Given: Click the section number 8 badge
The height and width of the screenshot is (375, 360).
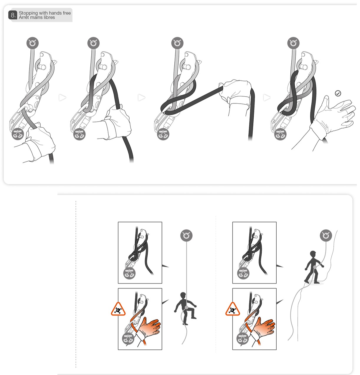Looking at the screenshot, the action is click(13, 15).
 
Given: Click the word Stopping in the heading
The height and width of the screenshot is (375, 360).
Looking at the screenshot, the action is click(28, 13).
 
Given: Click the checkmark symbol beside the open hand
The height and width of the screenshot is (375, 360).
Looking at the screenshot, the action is click(338, 93).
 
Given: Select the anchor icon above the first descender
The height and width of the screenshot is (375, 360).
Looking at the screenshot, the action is click(32, 43).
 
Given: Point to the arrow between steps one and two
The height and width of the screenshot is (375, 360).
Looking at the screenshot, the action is click(62, 98).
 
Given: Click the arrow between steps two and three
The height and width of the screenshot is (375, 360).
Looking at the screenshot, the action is click(142, 98).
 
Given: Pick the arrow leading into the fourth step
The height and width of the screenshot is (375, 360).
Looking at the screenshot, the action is click(267, 98).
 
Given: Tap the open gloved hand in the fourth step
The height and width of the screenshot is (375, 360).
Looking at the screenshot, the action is click(333, 116).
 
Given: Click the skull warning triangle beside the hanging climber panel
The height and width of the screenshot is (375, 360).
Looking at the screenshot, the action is click(118, 309).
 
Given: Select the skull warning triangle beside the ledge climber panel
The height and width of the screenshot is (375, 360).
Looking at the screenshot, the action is click(232, 309).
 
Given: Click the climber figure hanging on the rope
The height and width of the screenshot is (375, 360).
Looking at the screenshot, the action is click(185, 309).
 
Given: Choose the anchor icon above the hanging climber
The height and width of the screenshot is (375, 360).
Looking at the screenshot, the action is click(186, 235).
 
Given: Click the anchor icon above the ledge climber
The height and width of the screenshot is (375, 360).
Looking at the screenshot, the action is click(326, 235).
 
